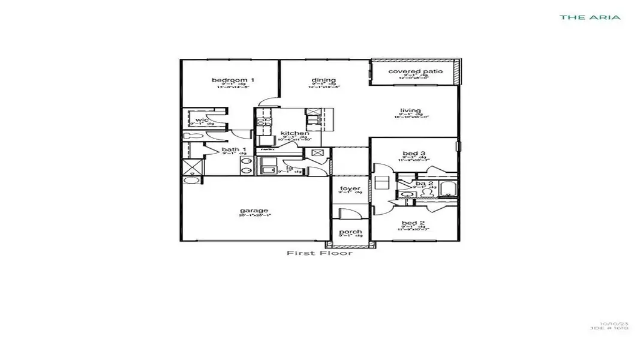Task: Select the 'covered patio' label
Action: (x=415, y=71)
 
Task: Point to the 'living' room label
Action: (x=411, y=110)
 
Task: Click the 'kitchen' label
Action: (x=295, y=133)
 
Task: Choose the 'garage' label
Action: (x=254, y=211)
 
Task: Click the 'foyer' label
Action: (x=350, y=189)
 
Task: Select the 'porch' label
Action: (x=350, y=232)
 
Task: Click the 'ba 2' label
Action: (x=424, y=184)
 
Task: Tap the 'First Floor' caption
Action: (x=319, y=253)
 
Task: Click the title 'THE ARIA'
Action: (x=590, y=17)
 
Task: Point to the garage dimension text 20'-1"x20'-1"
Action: (x=254, y=216)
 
